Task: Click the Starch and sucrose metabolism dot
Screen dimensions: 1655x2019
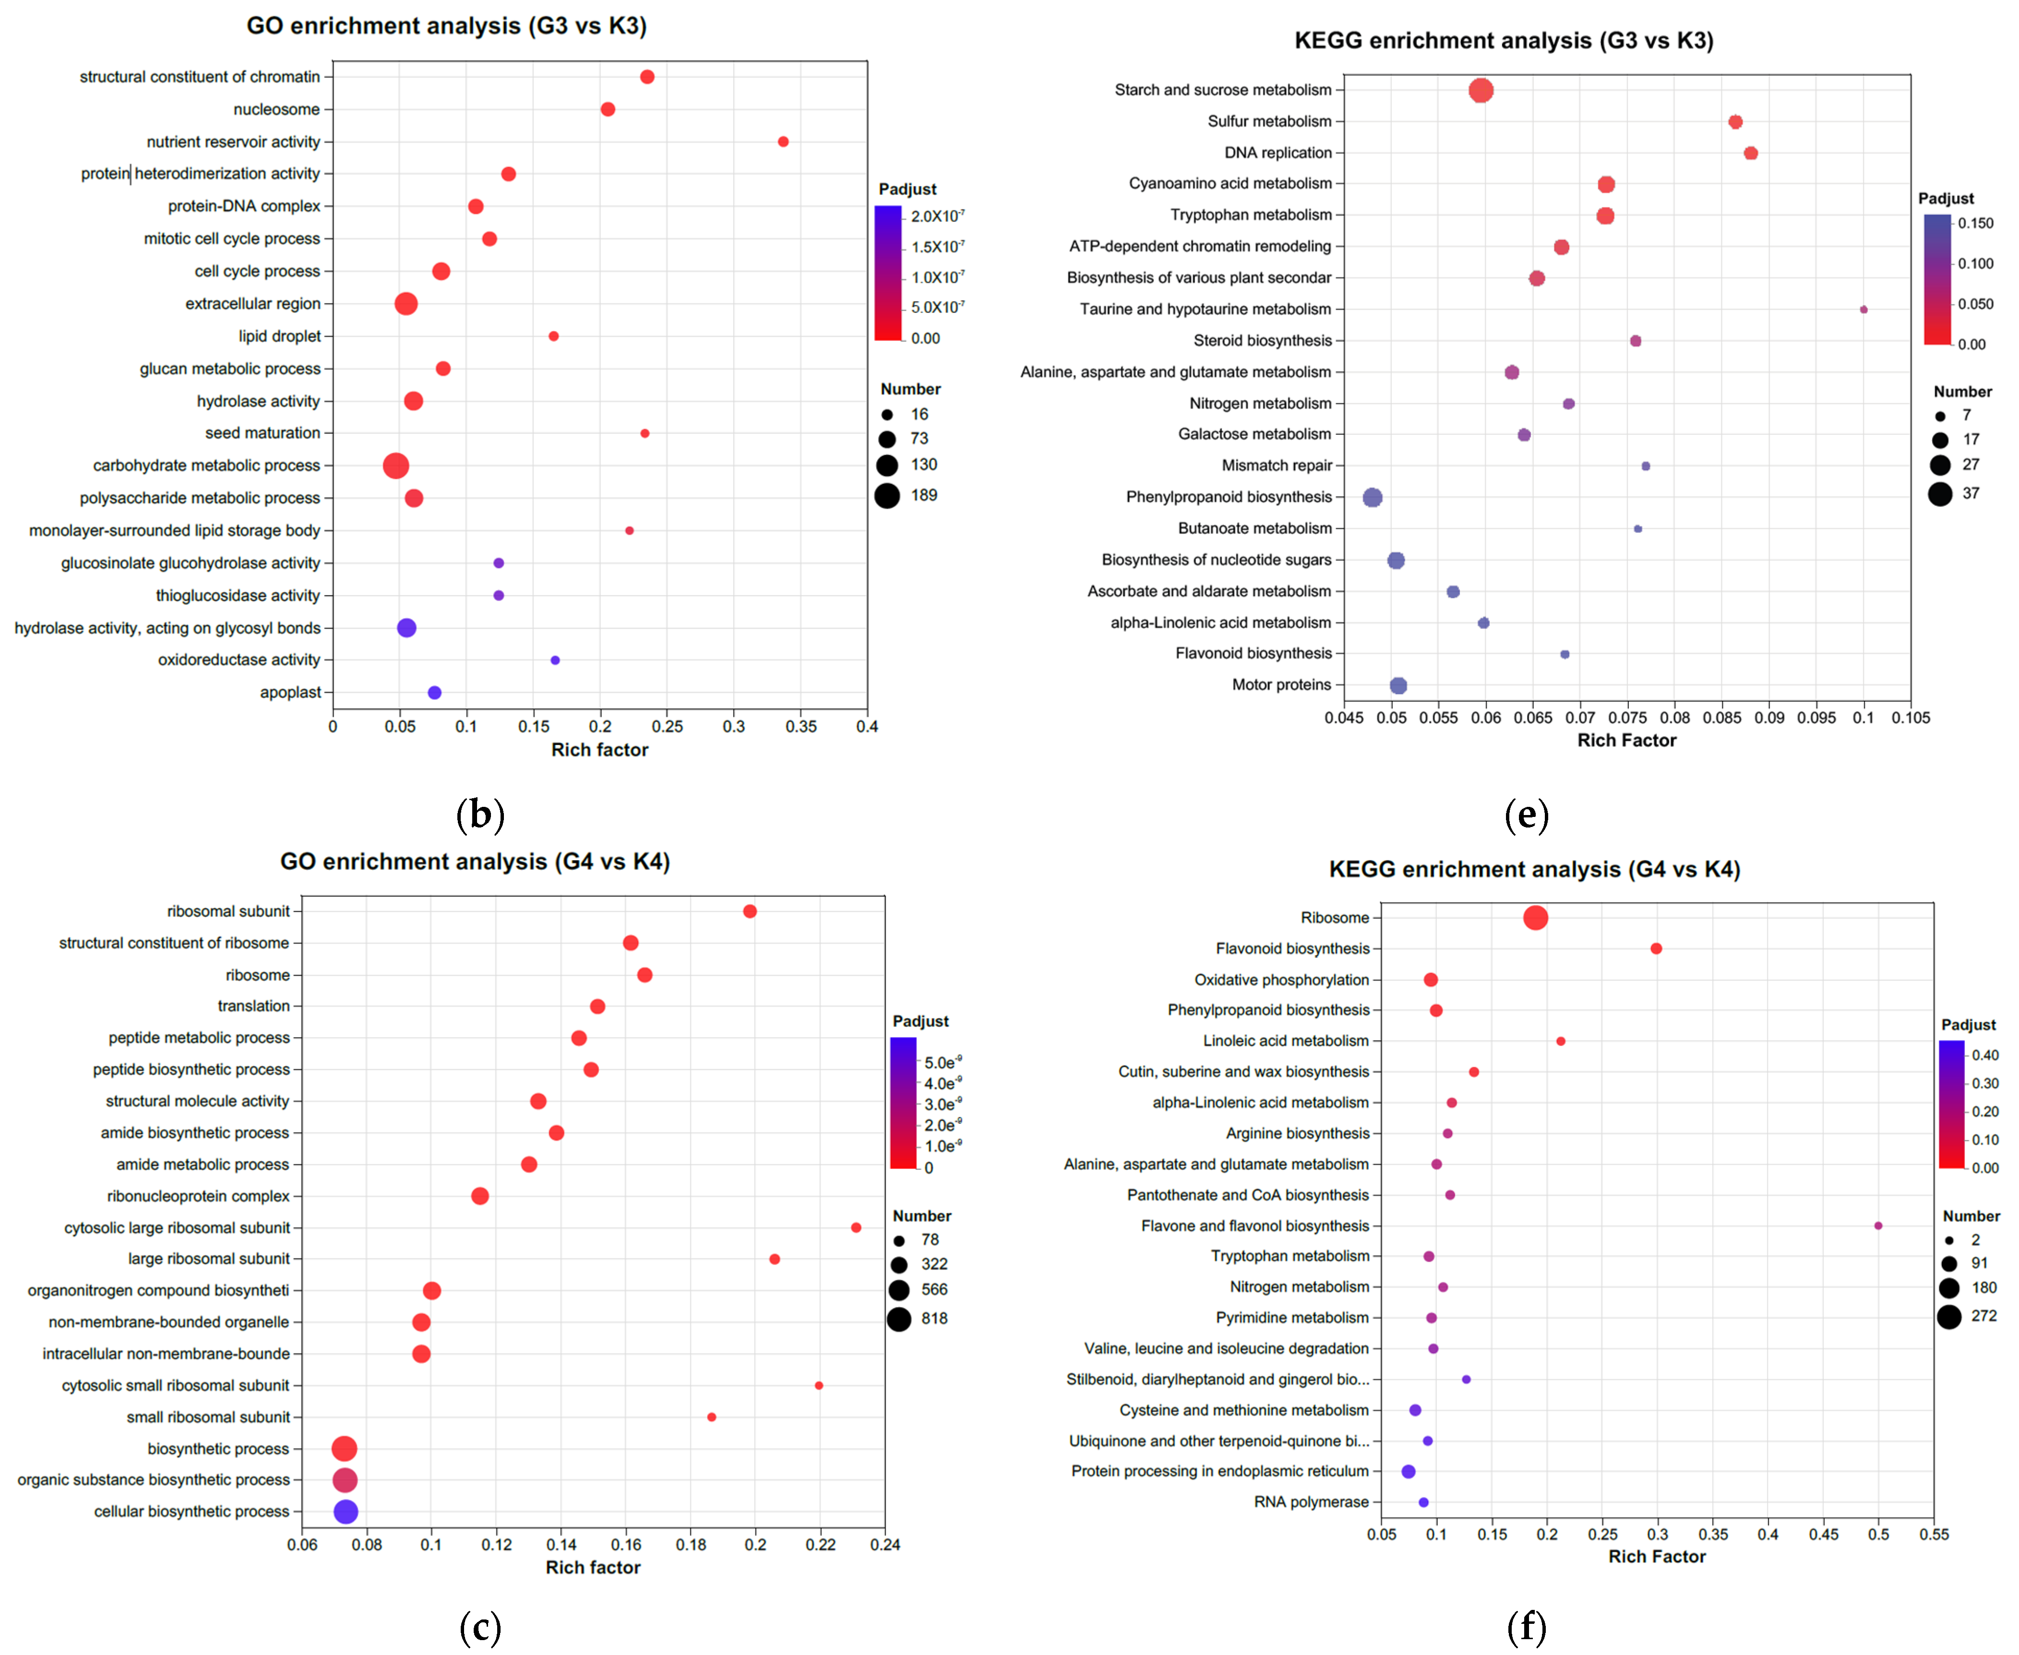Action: [1481, 91]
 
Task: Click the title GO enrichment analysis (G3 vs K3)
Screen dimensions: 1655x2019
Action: [446, 26]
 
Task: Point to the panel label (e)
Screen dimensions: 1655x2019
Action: [1526, 815]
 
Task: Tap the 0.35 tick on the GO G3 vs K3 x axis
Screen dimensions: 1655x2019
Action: [800, 726]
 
